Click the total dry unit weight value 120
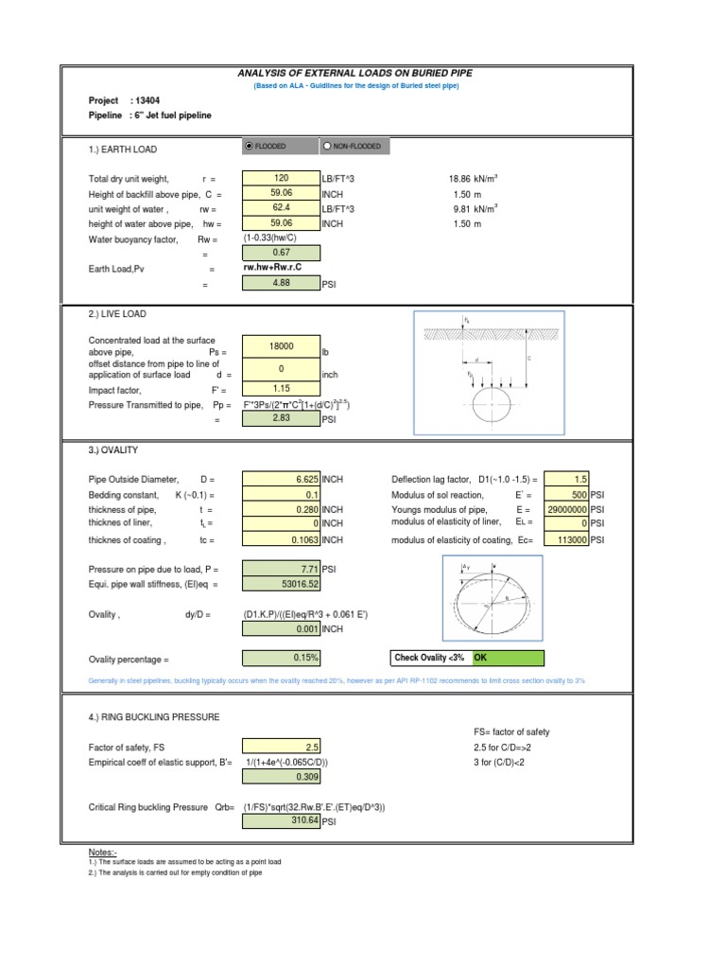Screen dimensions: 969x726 click(x=281, y=178)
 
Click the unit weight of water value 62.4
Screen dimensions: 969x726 click(x=281, y=208)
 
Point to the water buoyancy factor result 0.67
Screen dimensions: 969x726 click(x=281, y=253)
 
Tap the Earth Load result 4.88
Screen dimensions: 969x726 click(x=281, y=283)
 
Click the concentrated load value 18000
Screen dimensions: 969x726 click(x=281, y=347)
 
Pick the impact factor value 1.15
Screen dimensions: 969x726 click(x=281, y=389)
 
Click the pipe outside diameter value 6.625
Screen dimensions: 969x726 click(x=281, y=480)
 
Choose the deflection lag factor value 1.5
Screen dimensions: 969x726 click(x=567, y=480)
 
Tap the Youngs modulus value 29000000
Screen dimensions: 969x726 click(x=567, y=509)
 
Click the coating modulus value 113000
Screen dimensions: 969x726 click(x=567, y=539)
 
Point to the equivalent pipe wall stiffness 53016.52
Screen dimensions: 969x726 click(x=281, y=584)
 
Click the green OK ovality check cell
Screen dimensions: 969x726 click(x=508, y=659)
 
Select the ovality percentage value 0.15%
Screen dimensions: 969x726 click(x=281, y=659)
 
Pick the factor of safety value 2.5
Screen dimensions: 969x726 click(x=281, y=747)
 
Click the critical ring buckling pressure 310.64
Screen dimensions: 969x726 click(x=281, y=821)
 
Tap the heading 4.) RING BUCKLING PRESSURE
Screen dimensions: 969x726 click(x=153, y=717)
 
